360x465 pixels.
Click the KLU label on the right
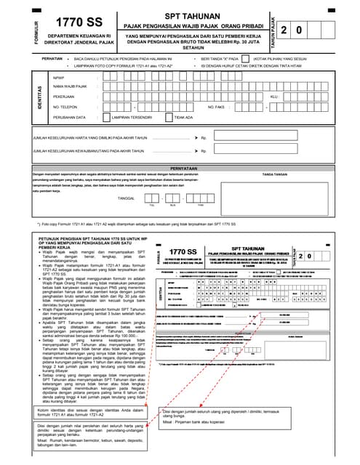(273, 96)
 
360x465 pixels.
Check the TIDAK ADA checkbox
(169, 116)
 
